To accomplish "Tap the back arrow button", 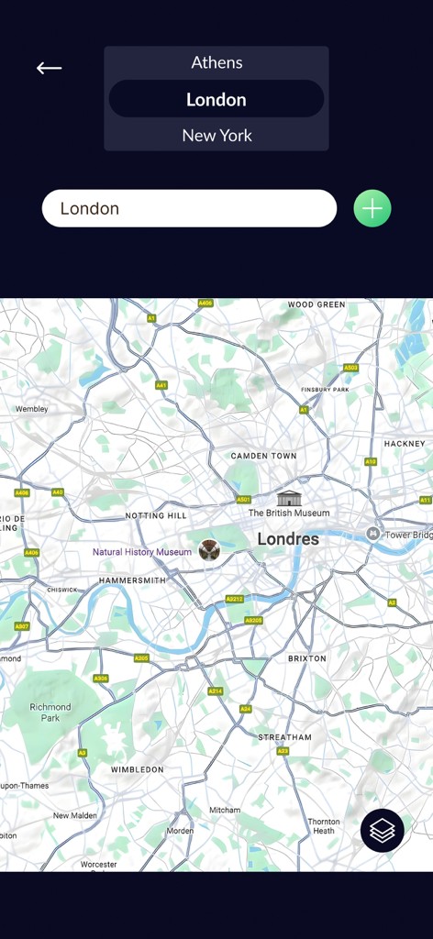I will point(50,68).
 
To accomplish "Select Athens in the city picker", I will point(216,62).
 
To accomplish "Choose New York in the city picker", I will point(216,136).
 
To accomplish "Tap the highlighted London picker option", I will point(216,99).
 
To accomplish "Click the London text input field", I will point(189,208).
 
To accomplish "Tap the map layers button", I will point(383,831).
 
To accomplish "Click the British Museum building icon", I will point(289,498).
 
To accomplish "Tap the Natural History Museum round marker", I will point(209,550).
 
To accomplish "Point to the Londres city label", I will point(288,539).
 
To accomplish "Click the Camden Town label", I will point(264,456).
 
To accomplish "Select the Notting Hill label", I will point(156,516).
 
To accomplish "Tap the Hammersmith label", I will point(132,580).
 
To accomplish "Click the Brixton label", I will point(306,658).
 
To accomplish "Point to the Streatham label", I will point(284,737).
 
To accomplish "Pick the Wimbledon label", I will point(138,769).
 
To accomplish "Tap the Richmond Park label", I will point(50,713).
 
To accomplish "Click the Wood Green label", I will point(316,304).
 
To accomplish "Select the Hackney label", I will point(405,444).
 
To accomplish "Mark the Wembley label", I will point(31,409).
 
